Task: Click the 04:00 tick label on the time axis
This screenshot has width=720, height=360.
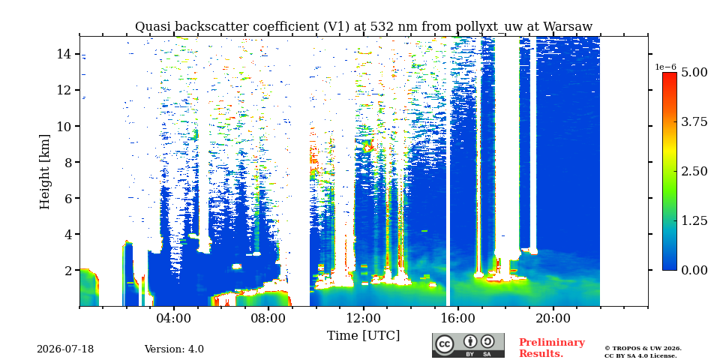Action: point(174,319)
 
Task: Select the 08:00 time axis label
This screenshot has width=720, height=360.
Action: point(268,319)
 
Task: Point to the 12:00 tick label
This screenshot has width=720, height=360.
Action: point(364,319)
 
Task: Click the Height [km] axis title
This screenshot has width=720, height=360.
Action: point(44,172)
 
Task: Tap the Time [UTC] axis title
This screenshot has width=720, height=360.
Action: point(363,336)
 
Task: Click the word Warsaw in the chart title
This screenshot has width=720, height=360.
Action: point(568,27)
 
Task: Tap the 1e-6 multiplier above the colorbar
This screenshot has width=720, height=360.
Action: point(665,67)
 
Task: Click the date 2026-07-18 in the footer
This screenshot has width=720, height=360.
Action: point(65,349)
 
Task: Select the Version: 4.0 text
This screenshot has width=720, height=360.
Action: point(174,349)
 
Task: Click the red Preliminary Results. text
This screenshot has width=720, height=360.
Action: point(552,348)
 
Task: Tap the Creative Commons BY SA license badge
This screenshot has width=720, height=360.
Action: point(468,345)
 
